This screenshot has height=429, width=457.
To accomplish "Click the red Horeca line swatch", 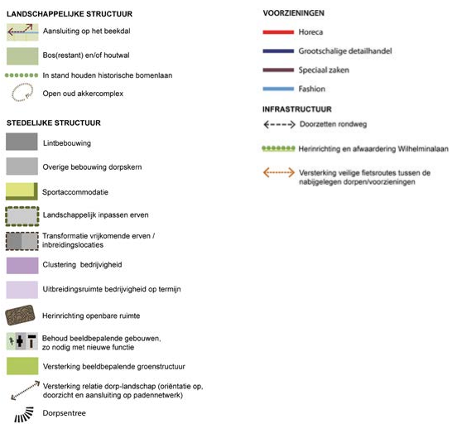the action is [x=278, y=32].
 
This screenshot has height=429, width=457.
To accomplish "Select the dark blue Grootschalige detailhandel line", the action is [x=278, y=51].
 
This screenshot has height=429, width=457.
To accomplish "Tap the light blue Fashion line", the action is [x=278, y=89].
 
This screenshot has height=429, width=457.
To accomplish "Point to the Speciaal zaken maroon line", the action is [x=278, y=70].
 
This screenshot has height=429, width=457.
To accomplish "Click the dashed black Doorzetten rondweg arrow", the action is [x=279, y=124].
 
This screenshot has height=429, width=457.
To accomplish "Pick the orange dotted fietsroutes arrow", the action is [x=279, y=172].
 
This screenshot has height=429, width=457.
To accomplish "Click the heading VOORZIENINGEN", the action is [x=294, y=13].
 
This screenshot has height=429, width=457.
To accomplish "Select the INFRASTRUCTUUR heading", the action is [x=297, y=109].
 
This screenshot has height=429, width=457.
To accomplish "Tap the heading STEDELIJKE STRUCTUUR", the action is [x=54, y=123].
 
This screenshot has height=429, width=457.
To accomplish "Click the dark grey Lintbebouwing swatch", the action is [x=22, y=142].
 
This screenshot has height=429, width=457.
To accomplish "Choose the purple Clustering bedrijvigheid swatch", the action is [x=22, y=265].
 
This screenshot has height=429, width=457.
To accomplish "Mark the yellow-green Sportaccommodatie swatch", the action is [x=22, y=191].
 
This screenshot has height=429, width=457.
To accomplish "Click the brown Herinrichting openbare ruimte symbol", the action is [x=20, y=315].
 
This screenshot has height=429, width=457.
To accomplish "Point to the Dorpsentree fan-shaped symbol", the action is [x=24, y=414].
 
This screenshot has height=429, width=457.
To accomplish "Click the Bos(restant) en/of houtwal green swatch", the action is [x=22, y=56].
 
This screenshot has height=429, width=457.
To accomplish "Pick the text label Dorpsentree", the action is [x=64, y=413].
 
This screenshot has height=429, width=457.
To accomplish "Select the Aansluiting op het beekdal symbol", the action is [x=22, y=32].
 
